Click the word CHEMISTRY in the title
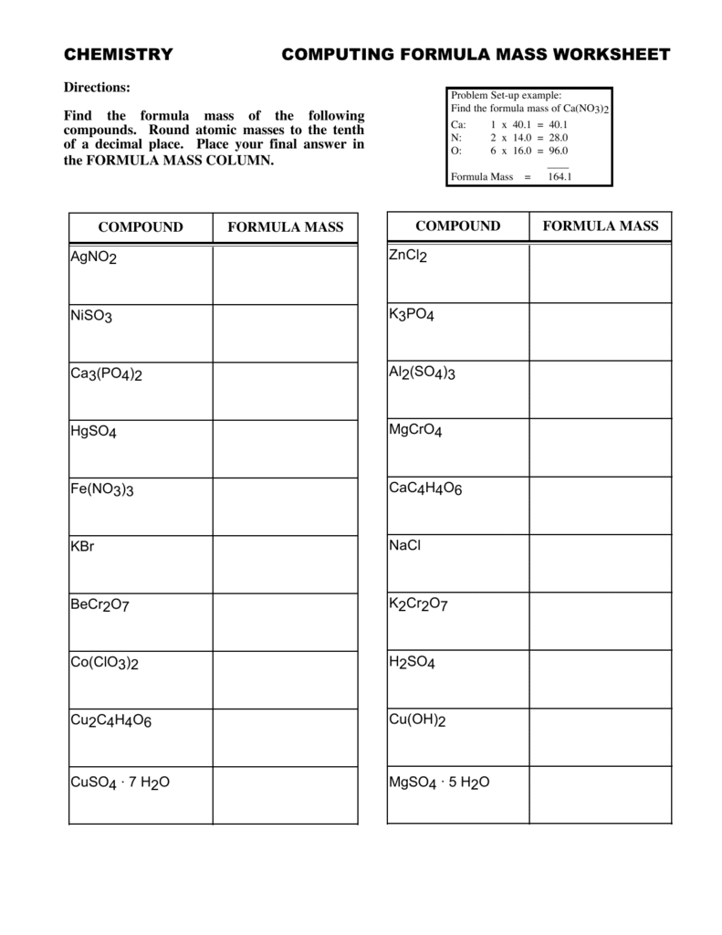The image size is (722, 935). coord(118,55)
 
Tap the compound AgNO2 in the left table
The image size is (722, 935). coord(94,258)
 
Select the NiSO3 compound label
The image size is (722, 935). coord(91,317)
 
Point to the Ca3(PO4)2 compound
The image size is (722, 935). coord(107,374)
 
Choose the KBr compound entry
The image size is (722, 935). coord(83,547)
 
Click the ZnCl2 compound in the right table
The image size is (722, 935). coord(408,257)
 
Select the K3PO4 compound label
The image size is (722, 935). coord(412,316)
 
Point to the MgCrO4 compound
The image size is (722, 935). coord(415,430)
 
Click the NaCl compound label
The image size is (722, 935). coord(403,546)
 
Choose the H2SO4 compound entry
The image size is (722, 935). coord(413,662)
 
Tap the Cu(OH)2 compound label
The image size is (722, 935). coord(417,720)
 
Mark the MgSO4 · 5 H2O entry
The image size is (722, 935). coord(439,783)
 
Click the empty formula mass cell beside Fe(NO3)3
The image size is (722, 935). coord(285,507)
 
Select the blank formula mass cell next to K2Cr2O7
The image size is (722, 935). coord(601,622)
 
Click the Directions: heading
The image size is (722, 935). coord(97,88)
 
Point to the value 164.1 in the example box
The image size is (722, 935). coord(559,176)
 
